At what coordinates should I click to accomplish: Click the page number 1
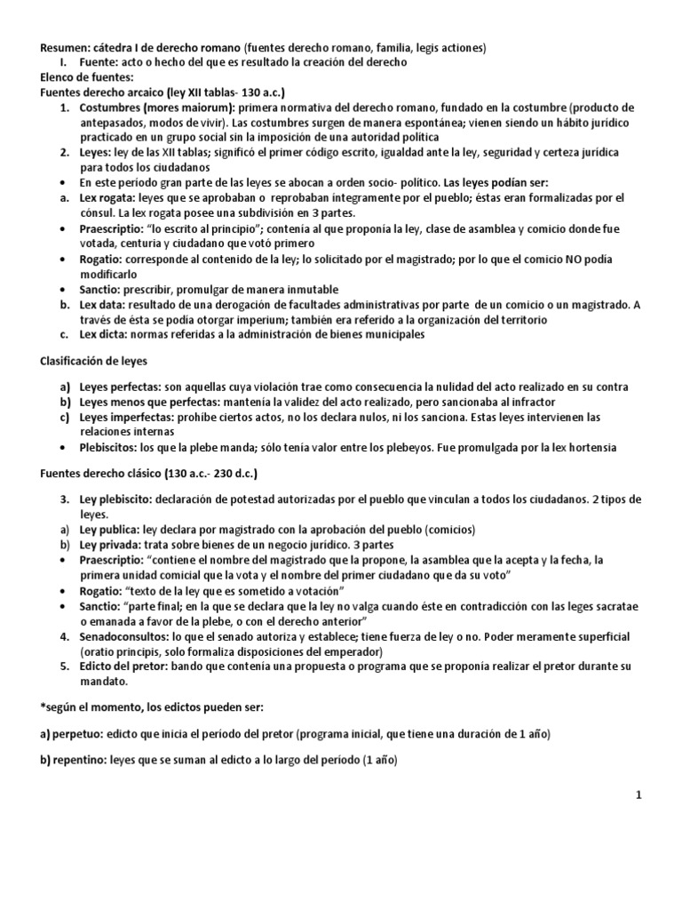coord(638,795)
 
